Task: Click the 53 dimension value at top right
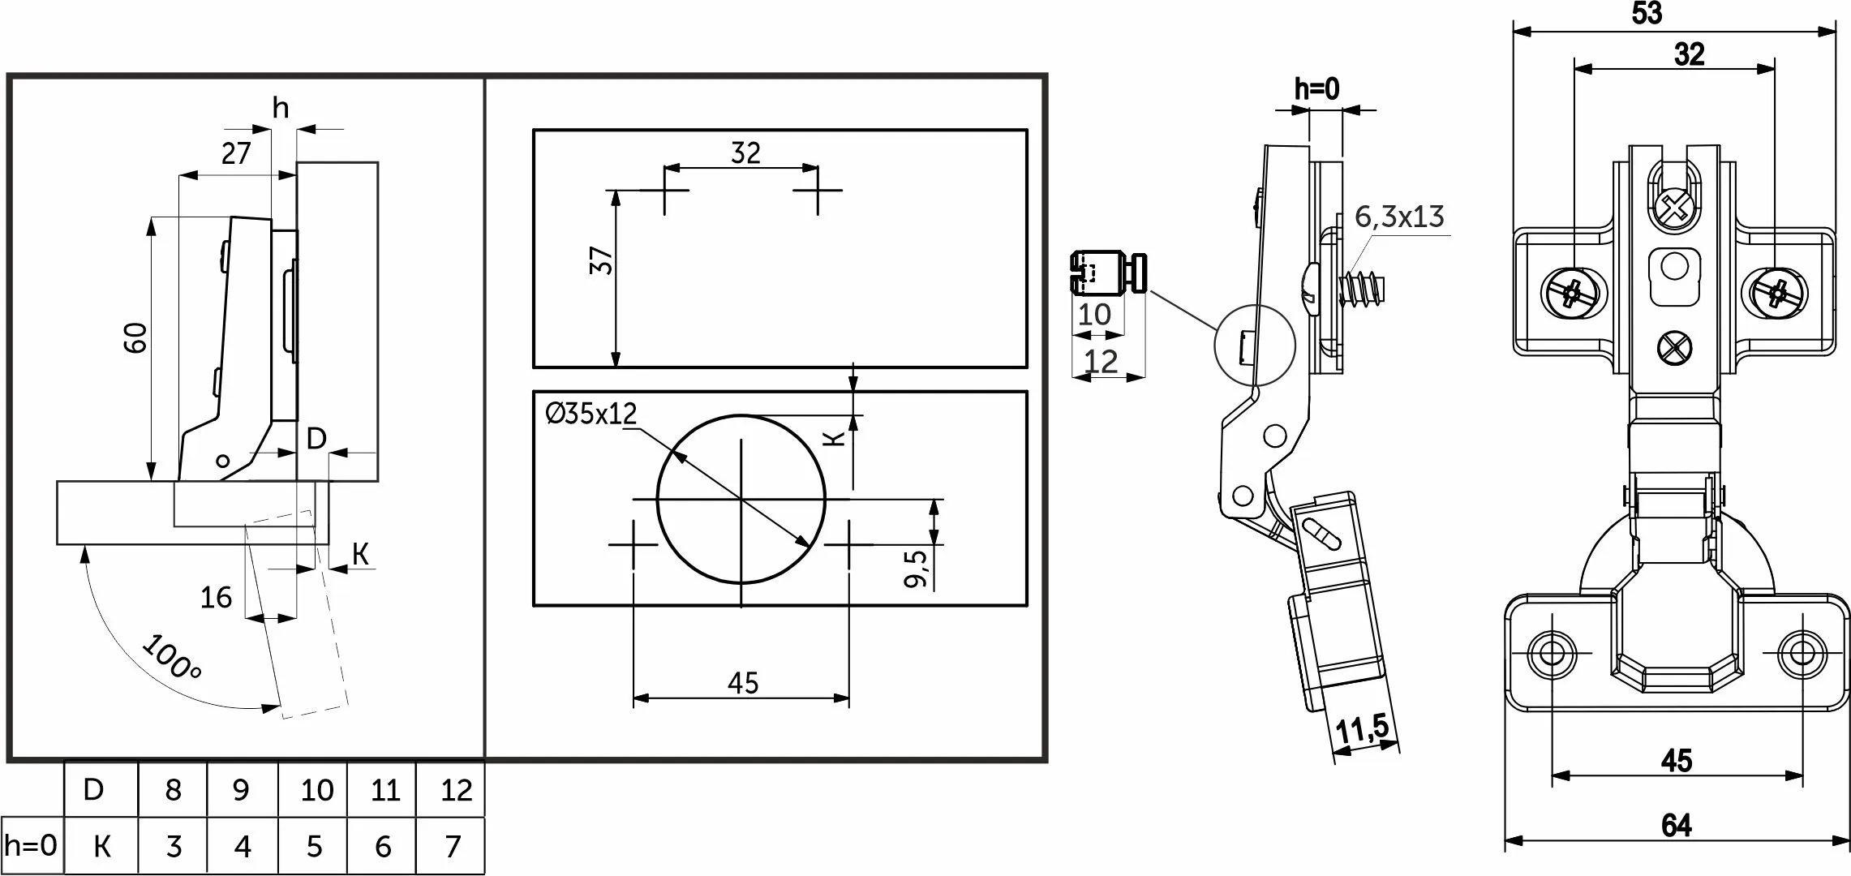click(x=1646, y=14)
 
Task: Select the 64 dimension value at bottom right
click(x=1676, y=826)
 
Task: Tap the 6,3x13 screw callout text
click(x=1400, y=217)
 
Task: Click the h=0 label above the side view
click(x=1316, y=89)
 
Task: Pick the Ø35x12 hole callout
click(x=592, y=414)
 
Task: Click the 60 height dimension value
click(x=136, y=337)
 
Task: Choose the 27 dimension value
click(x=236, y=153)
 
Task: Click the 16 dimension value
click(x=216, y=598)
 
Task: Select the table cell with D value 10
click(x=316, y=790)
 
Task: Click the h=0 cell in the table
click(x=32, y=846)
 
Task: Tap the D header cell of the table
click(x=94, y=789)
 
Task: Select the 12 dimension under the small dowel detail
click(x=1101, y=362)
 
